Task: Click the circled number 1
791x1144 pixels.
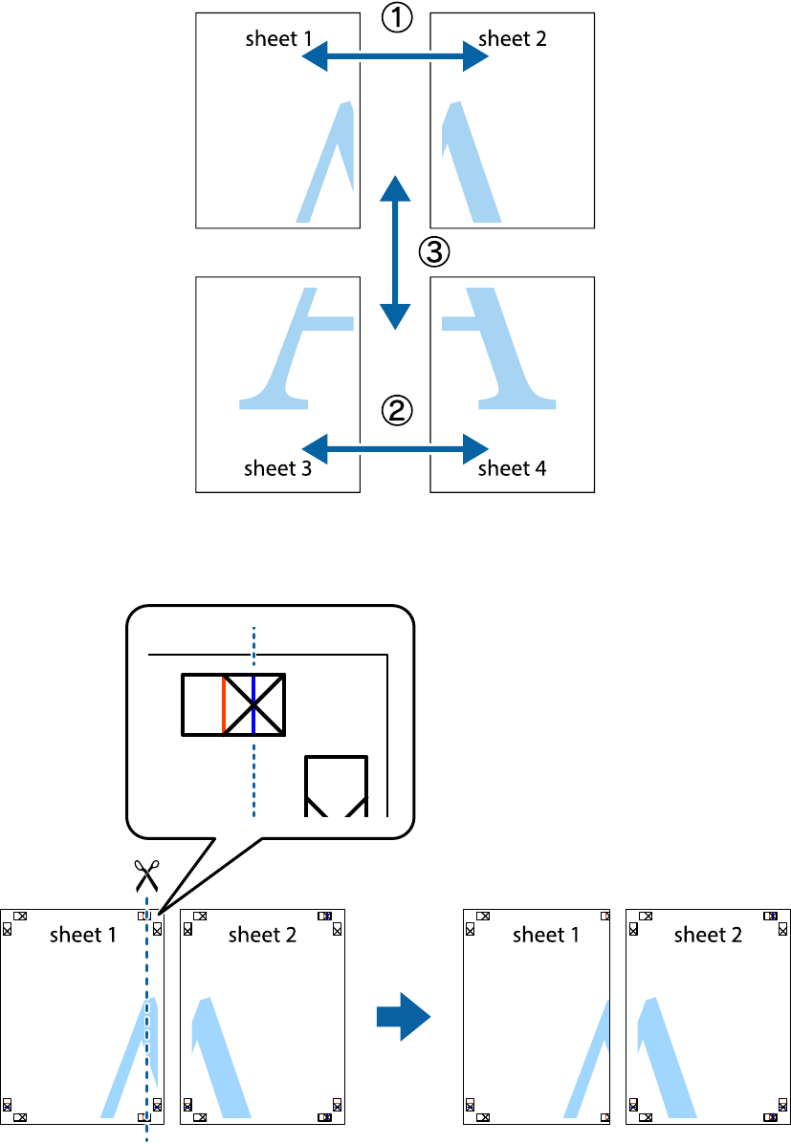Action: coord(397,18)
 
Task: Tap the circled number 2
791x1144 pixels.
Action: coord(397,411)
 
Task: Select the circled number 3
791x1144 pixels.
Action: coord(433,252)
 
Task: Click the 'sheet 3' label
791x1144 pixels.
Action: coord(277,468)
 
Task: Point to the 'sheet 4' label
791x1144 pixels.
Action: coord(512,468)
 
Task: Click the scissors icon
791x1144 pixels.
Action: coord(146,874)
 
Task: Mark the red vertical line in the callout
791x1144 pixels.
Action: coord(223,704)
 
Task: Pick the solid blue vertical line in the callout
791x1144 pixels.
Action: coord(253,704)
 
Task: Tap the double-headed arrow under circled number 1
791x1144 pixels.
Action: coord(395,58)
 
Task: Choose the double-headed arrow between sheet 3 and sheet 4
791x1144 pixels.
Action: coord(395,446)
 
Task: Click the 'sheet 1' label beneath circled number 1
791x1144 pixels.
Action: coord(277,39)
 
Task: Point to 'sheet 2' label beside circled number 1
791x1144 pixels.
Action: coord(512,39)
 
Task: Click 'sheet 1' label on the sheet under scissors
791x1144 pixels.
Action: coord(82,935)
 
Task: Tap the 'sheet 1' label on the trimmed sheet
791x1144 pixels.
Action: coord(545,935)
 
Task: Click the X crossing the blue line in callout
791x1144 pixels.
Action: coord(253,704)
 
